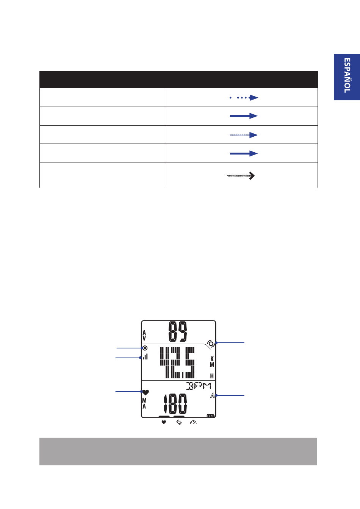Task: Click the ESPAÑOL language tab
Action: [347, 77]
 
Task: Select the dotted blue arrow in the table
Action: [244, 98]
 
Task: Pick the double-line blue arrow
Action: [244, 116]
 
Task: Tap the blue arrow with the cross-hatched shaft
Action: [244, 135]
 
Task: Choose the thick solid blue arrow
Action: [244, 154]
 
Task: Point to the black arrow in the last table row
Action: [241, 176]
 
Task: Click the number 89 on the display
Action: [178, 331]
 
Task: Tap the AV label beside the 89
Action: [144, 336]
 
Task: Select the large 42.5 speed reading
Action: [177, 362]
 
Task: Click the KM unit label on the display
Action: [212, 362]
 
